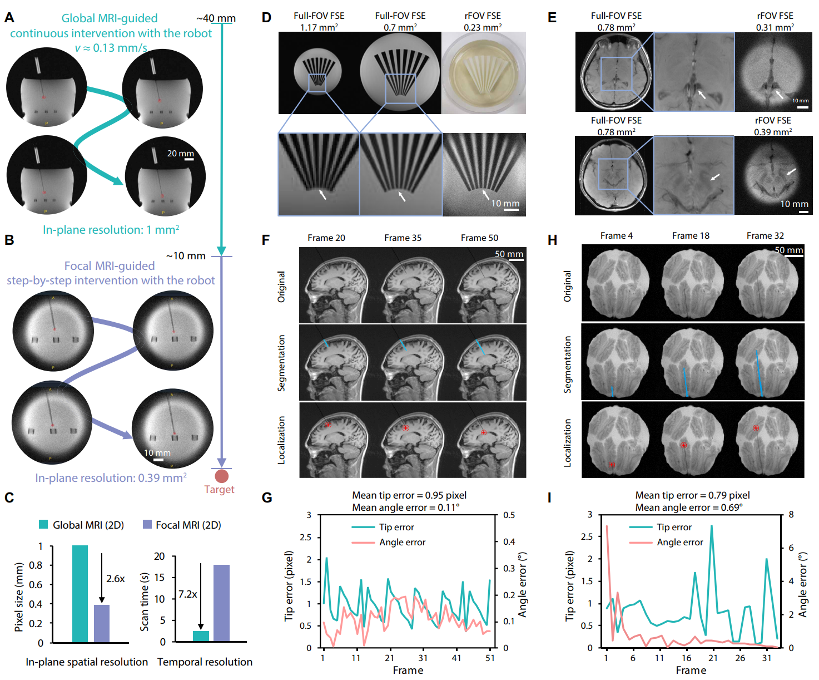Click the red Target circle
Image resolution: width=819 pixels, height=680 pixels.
click(221, 476)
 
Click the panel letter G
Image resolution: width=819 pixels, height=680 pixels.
click(267, 497)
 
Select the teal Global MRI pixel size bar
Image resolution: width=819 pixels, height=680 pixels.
click(80, 594)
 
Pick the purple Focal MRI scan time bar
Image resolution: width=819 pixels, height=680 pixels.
click(221, 603)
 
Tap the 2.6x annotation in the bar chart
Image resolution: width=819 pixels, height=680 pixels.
click(115, 579)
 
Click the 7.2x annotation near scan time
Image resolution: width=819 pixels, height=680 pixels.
click(187, 594)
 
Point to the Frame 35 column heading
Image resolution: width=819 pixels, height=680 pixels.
click(403, 238)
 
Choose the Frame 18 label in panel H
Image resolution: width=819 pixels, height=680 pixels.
click(691, 236)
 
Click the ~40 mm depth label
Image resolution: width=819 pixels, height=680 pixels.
click(216, 18)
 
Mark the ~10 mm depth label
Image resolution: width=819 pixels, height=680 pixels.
click(186, 256)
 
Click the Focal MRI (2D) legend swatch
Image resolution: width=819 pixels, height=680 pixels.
click(147, 525)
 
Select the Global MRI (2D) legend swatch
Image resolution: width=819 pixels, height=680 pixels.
click(43, 525)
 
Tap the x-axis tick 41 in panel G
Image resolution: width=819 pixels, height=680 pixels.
click(456, 658)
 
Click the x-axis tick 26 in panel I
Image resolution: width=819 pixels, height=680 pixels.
click(740, 658)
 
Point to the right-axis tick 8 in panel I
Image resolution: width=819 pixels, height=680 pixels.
click(791, 515)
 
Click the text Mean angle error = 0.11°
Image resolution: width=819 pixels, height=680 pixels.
click(405, 507)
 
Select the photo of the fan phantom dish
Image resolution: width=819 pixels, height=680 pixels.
click(484, 73)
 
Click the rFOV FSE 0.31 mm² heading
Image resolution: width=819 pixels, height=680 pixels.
click(775, 21)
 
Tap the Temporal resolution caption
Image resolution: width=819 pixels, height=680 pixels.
click(205, 662)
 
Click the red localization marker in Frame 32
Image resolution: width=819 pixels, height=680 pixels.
click(756, 428)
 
